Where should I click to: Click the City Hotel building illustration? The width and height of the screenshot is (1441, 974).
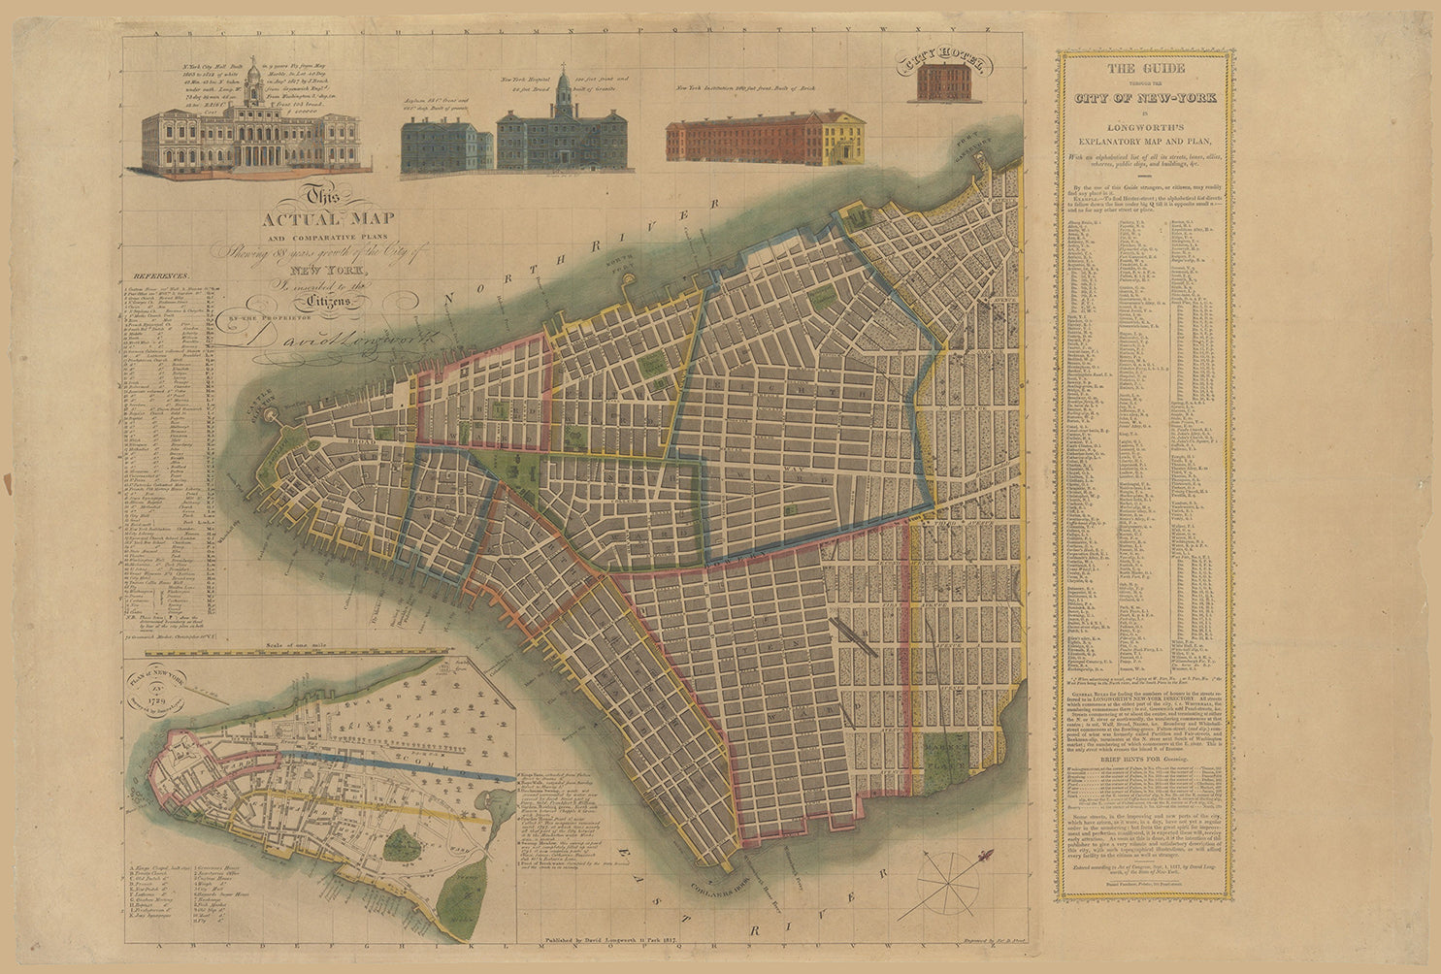tap(944, 84)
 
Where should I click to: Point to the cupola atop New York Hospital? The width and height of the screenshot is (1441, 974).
tap(563, 92)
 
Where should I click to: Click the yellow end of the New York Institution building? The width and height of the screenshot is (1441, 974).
tap(843, 137)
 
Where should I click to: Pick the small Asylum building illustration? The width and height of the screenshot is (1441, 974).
tap(446, 146)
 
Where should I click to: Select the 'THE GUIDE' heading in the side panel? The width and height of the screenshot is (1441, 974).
tap(1146, 69)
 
